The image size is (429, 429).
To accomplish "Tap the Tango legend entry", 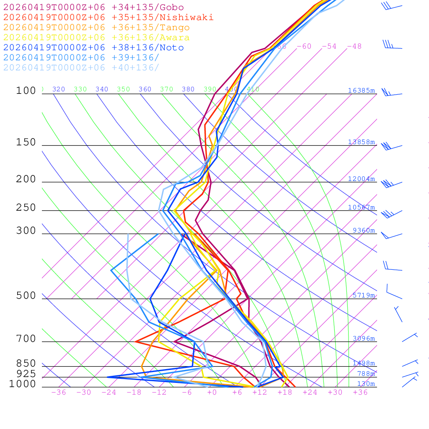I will tap(96, 28).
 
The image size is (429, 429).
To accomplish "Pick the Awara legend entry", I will tap(96, 38).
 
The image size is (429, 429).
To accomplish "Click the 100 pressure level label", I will tap(26, 90).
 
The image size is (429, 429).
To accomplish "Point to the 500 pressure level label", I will tap(26, 296).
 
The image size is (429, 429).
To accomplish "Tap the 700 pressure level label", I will tap(26, 339).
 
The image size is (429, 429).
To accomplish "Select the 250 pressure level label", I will tap(26, 208).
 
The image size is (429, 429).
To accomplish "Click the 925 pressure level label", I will tap(26, 374).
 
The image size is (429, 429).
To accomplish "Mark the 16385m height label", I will tap(362, 90).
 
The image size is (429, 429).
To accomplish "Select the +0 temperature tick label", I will tap(212, 392).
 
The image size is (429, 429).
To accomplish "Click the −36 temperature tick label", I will tap(58, 392).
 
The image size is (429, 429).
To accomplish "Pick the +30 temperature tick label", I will tap(335, 392).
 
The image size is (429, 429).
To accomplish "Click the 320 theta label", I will tap(59, 89).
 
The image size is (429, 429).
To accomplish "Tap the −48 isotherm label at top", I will tap(354, 46).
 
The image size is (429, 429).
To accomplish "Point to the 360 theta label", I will tap(145, 89).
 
